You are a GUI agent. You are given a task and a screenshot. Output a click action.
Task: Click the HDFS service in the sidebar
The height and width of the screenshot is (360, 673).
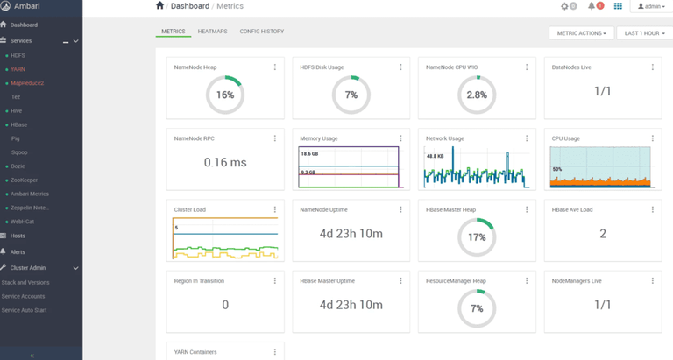(18, 55)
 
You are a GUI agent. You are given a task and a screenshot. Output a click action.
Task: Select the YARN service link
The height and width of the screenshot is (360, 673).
(18, 69)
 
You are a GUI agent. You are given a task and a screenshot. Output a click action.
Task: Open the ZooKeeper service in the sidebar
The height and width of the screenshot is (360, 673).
(25, 180)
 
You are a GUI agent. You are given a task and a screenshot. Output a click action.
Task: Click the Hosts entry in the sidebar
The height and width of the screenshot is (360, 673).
(18, 236)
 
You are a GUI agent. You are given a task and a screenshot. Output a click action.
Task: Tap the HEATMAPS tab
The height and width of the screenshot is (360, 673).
(213, 32)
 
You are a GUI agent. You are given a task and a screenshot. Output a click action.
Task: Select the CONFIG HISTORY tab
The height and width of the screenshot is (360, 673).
(261, 32)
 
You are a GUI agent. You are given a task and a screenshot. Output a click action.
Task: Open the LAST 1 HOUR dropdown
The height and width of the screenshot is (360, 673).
(643, 33)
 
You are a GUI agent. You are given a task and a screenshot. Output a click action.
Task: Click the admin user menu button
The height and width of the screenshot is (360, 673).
(651, 6)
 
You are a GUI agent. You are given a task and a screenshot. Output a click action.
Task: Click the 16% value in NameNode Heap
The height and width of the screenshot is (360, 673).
(225, 95)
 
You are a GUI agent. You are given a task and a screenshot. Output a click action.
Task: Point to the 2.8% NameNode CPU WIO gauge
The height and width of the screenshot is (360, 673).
(477, 95)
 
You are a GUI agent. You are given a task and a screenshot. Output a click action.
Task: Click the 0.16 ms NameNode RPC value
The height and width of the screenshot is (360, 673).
(225, 162)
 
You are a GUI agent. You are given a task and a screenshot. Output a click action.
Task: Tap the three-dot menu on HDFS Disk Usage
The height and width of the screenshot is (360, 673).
(400, 67)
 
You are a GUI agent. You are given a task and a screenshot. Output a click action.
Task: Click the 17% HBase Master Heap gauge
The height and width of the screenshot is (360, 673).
(477, 236)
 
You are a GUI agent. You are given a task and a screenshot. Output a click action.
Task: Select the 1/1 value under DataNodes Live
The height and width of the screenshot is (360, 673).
(603, 91)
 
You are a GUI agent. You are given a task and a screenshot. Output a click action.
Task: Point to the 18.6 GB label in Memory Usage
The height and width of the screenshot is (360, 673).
(309, 153)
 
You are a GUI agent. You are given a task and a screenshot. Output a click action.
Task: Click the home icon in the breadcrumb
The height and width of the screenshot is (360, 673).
(159, 6)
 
